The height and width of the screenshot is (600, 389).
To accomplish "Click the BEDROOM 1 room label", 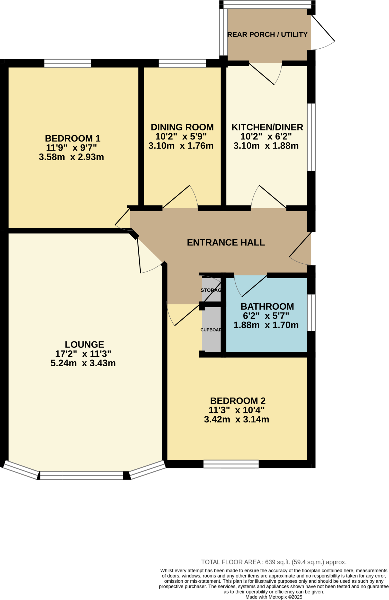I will (72, 138).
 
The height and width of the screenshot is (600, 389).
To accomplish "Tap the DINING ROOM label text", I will (182, 127).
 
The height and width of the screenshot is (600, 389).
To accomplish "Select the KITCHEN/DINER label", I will (267, 127).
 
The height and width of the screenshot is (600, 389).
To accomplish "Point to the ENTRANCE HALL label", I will (226, 243).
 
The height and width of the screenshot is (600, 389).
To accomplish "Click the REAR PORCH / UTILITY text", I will (267, 35).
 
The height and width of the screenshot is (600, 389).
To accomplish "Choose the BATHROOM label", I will (267, 306).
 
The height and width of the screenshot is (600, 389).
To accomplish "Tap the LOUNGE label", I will (84, 345).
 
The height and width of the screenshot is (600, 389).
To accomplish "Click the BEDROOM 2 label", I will (238, 401).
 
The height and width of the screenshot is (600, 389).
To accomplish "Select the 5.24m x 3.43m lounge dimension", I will (83, 363).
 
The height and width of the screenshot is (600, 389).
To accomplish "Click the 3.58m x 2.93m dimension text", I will (71, 157).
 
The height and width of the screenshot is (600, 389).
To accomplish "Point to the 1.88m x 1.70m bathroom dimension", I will (266, 325).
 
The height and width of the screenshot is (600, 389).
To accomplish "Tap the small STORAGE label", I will (211, 290).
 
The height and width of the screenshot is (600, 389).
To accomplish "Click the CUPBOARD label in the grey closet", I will (211, 330).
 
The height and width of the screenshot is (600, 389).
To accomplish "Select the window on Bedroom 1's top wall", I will (68, 63).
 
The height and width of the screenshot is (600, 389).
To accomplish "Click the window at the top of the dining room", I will (182, 63).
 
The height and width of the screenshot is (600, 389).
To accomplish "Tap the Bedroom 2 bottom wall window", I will (231, 464).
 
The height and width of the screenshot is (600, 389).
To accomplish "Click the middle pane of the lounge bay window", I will (81, 475).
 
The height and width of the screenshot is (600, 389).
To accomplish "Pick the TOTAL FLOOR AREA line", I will (274, 562).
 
